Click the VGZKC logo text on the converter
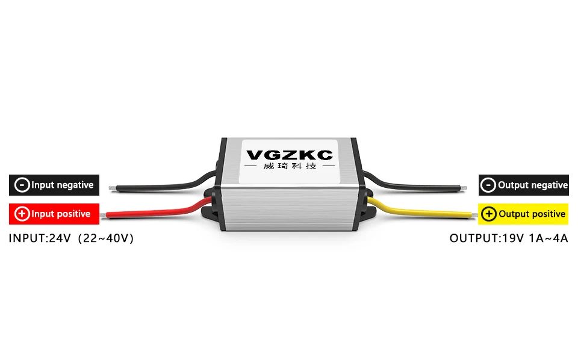coord(290,155)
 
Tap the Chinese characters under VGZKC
coord(290,167)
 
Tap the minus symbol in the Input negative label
coord(22,185)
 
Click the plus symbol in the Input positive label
coord(22,214)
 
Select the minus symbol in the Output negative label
coord(488,185)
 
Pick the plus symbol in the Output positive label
coord(489,214)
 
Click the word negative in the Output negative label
coord(548,185)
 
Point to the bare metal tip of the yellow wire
coord(474,213)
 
